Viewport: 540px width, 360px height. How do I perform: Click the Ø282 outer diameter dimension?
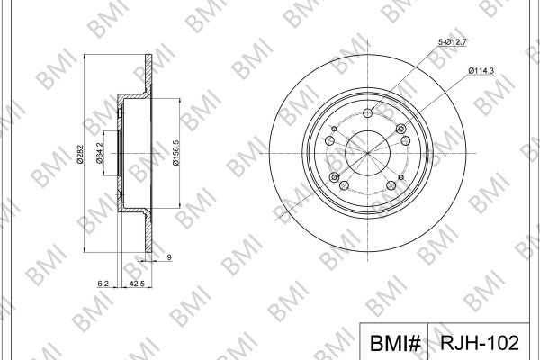pos(79,154)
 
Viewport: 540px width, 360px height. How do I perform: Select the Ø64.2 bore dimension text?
pos(99,154)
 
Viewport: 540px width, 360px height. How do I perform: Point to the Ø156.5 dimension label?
pos(176,153)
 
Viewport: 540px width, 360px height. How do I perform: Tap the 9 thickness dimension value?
pos(169,257)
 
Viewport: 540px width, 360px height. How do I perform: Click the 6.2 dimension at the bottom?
pos(103,283)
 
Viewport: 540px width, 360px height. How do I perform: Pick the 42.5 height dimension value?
pos(136,283)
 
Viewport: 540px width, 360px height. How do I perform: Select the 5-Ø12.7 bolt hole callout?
pos(452,42)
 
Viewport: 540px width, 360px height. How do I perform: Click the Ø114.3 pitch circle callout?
pos(481,70)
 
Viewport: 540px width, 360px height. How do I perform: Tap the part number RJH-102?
pos(480,342)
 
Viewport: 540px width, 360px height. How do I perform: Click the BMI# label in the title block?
pos(395,343)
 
